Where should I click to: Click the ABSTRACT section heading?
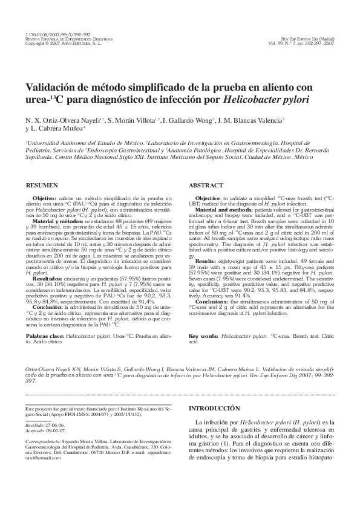[x=206, y=184]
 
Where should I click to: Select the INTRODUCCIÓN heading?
[x=216, y=409]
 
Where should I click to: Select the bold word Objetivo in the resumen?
[x=44, y=198]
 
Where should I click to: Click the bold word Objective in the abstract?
[x=208, y=198]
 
